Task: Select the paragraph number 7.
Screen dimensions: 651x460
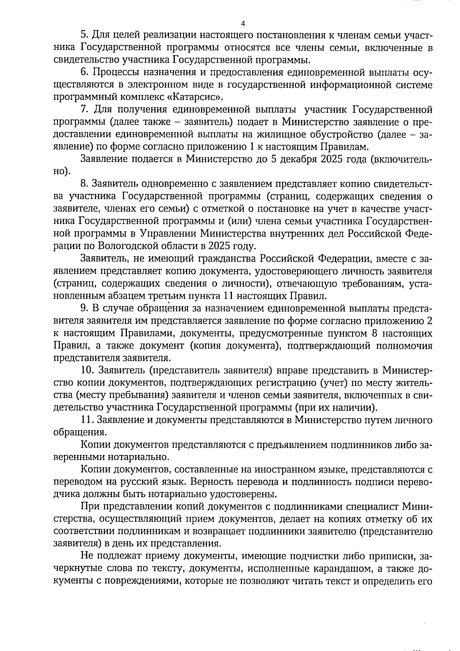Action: pos(85,110)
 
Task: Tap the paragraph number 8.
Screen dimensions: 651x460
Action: pos(85,184)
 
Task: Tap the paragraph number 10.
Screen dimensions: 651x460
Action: pos(87,370)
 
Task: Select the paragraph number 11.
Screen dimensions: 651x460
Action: pos(87,420)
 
